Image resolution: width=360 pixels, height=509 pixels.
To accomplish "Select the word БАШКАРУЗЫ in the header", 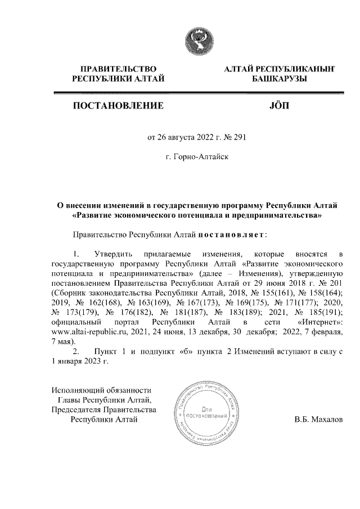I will (x=279, y=79).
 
